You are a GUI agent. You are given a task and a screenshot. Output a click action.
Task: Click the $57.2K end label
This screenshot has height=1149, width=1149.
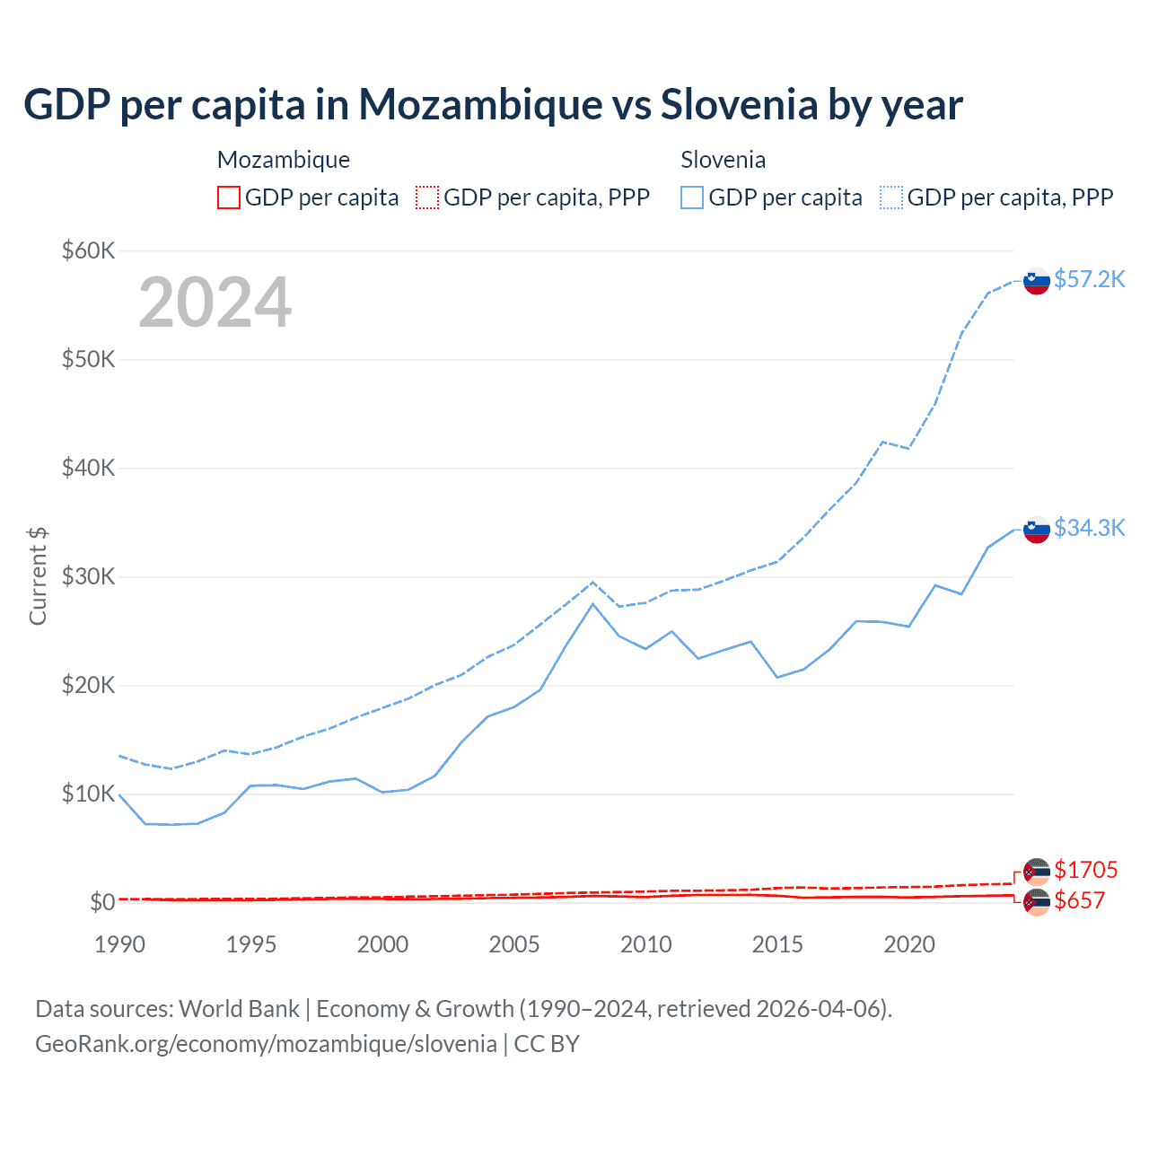point(1089,279)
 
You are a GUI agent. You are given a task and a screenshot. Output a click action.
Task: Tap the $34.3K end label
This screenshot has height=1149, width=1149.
point(1089,528)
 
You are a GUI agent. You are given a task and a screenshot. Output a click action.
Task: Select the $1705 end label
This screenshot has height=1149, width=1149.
point(1085,870)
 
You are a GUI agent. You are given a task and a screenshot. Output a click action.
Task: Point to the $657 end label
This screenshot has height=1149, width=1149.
point(1079,900)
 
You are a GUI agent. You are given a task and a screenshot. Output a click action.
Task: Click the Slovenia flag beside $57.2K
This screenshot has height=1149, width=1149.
point(1037,281)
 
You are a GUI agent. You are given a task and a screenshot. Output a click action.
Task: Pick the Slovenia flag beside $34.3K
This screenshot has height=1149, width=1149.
point(1037,530)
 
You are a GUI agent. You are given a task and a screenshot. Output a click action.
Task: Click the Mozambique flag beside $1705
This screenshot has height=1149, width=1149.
point(1037,872)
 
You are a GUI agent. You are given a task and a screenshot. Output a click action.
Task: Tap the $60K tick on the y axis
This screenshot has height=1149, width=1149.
point(88,250)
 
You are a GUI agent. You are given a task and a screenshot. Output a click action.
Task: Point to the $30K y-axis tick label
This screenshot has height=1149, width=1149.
point(88,576)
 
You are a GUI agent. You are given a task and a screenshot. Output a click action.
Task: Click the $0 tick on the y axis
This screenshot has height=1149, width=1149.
point(102,902)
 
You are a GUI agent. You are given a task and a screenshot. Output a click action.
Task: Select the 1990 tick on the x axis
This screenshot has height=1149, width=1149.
point(119,944)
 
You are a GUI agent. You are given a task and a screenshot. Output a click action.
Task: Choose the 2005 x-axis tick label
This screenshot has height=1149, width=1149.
point(514,944)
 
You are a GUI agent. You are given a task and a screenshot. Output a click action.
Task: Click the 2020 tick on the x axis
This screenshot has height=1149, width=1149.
point(909,944)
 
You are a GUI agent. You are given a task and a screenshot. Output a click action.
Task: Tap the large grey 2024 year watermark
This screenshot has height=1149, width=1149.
point(215,303)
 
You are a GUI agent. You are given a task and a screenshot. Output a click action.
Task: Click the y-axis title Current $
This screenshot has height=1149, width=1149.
point(38,576)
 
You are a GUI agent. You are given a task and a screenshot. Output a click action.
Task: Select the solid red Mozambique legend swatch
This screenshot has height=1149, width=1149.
point(229,197)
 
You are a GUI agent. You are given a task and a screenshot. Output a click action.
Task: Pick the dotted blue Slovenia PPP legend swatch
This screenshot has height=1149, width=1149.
point(891,197)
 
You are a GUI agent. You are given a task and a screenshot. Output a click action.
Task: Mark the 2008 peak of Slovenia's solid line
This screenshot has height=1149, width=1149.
point(592,603)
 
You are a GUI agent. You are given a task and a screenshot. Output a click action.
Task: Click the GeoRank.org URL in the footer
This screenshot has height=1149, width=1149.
point(266,1044)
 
